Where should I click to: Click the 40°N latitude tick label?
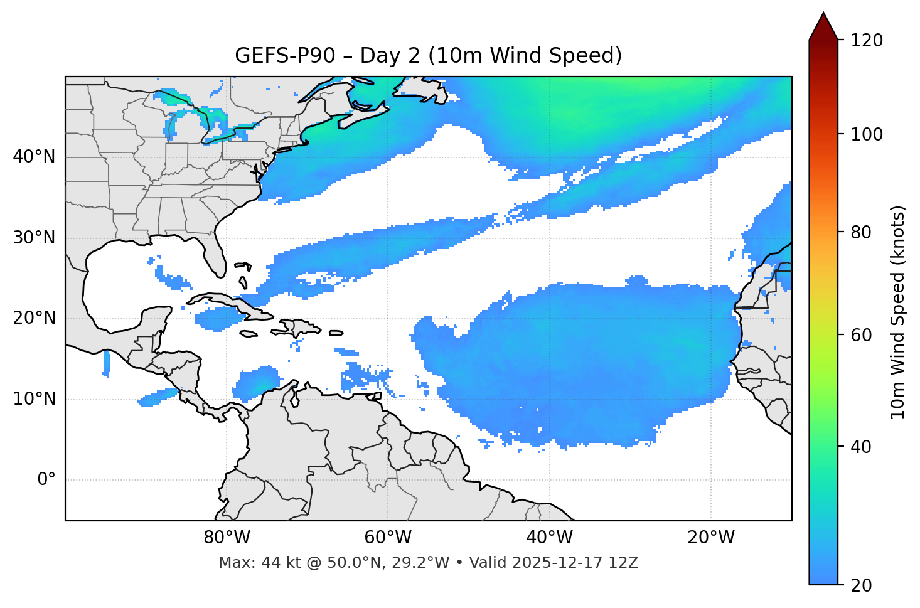(x=34, y=157)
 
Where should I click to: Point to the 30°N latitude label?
(x=34, y=238)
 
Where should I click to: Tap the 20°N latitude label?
(x=34, y=318)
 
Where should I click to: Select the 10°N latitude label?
(x=34, y=399)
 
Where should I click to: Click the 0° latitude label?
(x=46, y=480)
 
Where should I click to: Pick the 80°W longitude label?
(x=227, y=538)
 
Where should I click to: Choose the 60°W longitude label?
(x=388, y=538)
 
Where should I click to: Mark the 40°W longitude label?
(x=549, y=538)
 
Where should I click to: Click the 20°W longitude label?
(x=711, y=538)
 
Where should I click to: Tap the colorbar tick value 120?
(x=867, y=41)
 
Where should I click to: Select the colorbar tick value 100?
(x=867, y=134)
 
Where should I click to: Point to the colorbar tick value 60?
(x=862, y=335)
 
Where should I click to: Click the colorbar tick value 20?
(x=862, y=585)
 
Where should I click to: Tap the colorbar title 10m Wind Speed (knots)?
(x=898, y=312)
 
